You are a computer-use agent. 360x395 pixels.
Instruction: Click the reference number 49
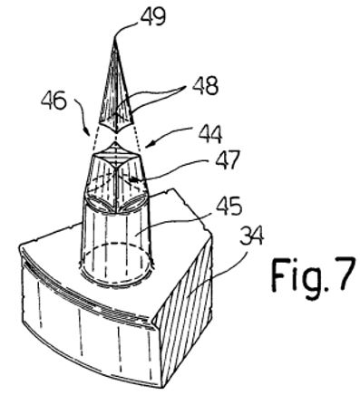pyautogui.click(x=153, y=16)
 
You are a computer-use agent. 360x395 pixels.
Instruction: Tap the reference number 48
pyautogui.click(x=205, y=85)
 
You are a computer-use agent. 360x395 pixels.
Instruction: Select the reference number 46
pyautogui.click(x=54, y=101)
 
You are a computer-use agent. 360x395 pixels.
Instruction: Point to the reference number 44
pyautogui.click(x=210, y=134)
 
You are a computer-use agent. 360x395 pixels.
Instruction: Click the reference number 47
pyautogui.click(x=228, y=159)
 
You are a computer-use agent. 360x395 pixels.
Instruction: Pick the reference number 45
pyautogui.click(x=229, y=207)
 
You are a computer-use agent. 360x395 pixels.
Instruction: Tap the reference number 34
pyautogui.click(x=251, y=237)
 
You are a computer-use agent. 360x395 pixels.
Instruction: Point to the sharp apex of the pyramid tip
pyautogui.click(x=115, y=37)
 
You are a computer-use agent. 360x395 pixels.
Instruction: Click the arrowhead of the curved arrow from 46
pyautogui.click(x=87, y=132)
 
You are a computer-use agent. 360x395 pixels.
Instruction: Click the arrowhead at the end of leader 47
pyautogui.click(x=132, y=180)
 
